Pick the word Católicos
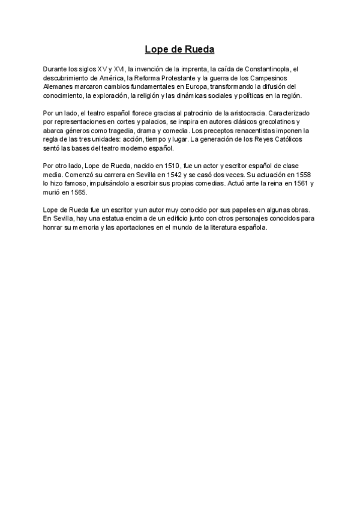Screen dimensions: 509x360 point(284,139)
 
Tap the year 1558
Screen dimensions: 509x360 point(304,173)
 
